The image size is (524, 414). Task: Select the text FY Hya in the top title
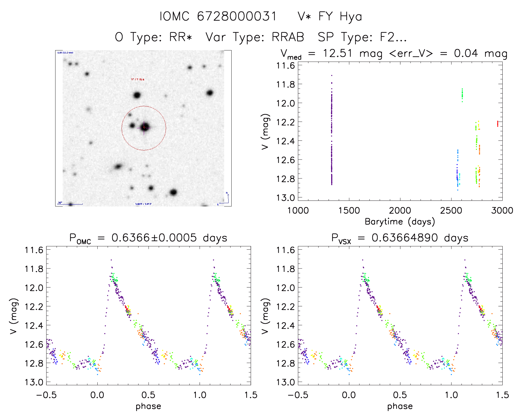(x=340, y=16)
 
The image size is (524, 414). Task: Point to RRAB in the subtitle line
(x=288, y=37)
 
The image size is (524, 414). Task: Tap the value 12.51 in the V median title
(x=337, y=53)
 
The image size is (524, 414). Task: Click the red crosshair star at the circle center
(x=144, y=127)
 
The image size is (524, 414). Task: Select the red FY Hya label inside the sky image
(x=138, y=80)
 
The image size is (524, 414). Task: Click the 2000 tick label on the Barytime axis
(x=400, y=211)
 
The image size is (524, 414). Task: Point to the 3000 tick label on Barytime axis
(x=502, y=211)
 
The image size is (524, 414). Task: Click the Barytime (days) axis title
(x=400, y=222)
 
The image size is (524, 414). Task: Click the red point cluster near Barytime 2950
(x=497, y=123)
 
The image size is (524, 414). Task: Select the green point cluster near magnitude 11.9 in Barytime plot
(x=462, y=95)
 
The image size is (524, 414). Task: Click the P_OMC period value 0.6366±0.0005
(x=154, y=238)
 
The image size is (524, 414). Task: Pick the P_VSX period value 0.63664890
(x=405, y=238)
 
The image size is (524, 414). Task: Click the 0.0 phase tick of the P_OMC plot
(x=97, y=395)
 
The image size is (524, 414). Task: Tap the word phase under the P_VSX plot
(x=400, y=406)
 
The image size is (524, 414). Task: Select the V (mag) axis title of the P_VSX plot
(x=265, y=316)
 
